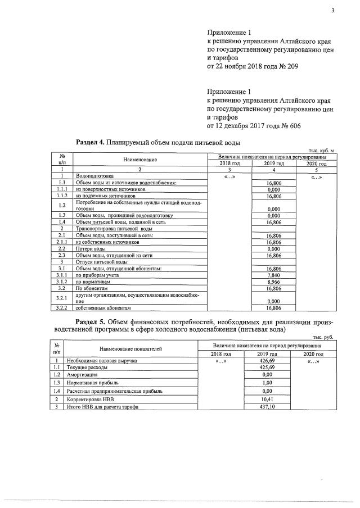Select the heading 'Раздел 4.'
(91, 142)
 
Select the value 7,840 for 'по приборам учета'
(273, 275)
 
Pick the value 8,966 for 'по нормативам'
(273, 282)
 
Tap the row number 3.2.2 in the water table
(63, 308)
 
